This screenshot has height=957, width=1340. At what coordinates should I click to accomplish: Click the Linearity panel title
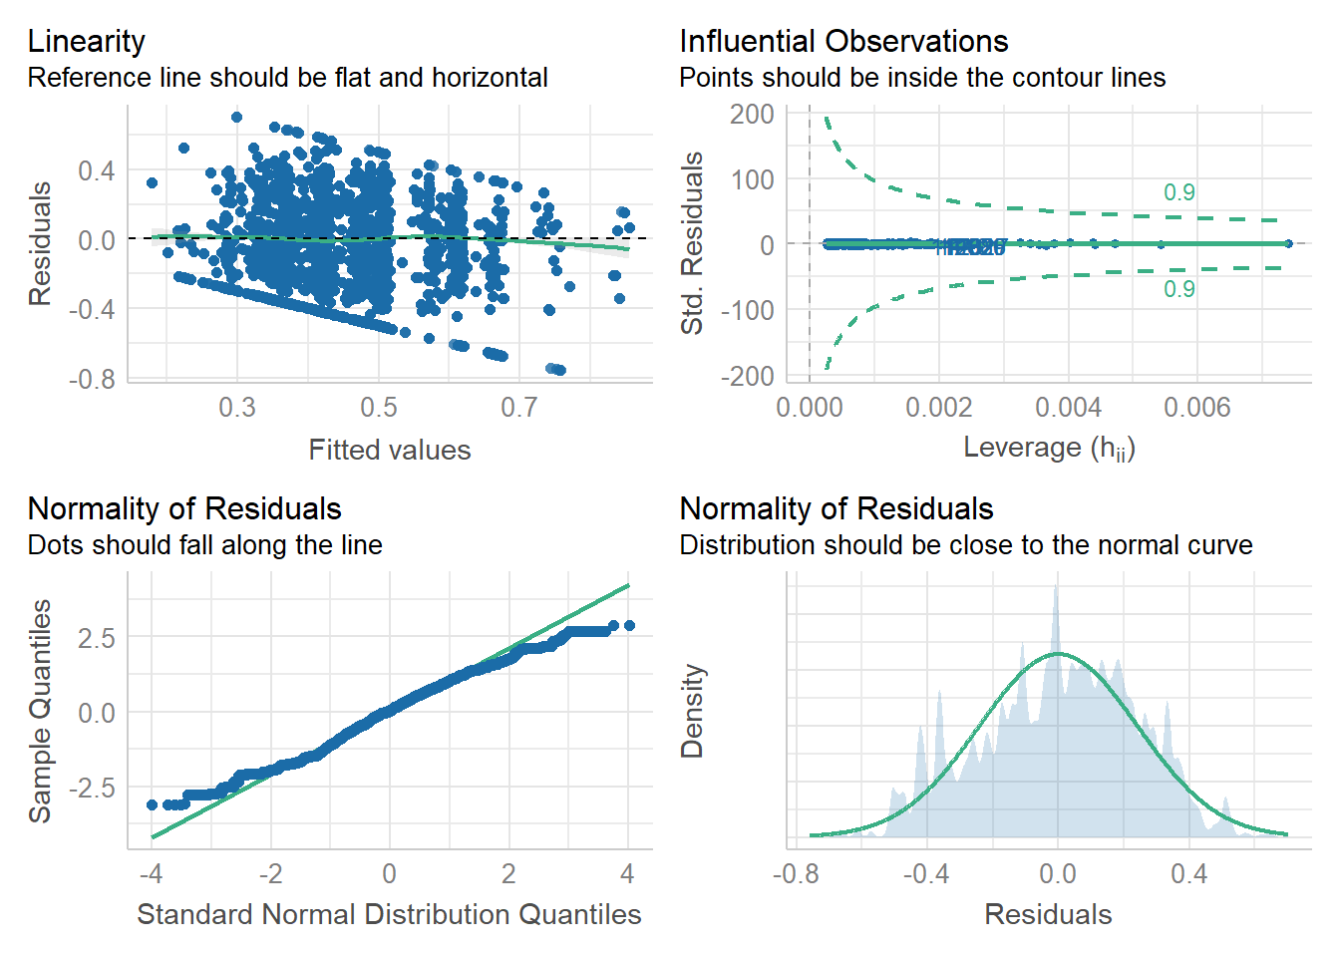click(86, 41)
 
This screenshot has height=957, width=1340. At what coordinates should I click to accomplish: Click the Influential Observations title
click(842, 41)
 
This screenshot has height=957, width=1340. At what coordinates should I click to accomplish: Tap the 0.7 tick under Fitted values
click(518, 408)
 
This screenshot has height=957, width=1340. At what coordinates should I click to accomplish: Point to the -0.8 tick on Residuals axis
click(92, 380)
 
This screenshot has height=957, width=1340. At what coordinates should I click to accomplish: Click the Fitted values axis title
click(389, 450)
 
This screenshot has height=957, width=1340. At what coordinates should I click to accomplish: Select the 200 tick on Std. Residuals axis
click(752, 115)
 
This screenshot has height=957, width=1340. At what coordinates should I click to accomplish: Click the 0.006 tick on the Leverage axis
click(1196, 408)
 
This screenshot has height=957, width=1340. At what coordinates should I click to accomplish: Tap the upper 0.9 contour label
click(1178, 192)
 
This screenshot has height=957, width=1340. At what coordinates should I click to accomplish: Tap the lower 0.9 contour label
click(1178, 289)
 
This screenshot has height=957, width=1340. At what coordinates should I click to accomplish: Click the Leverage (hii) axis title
click(1048, 448)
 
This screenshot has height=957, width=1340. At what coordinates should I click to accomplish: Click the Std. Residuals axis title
click(692, 243)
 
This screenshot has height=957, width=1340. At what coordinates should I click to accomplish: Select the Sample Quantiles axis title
click(40, 711)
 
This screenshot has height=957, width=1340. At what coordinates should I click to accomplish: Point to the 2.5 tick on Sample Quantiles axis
click(97, 638)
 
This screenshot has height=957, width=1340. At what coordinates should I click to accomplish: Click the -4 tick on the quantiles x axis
click(151, 874)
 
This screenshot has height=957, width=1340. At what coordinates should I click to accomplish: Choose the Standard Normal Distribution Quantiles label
click(389, 914)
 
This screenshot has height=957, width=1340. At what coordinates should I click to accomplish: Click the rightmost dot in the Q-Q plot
click(629, 626)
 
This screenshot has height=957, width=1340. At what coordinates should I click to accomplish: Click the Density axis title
click(692, 711)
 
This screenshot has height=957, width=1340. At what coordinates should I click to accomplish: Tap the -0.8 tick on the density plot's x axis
click(796, 874)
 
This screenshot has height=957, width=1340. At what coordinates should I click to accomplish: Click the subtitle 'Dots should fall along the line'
click(204, 545)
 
